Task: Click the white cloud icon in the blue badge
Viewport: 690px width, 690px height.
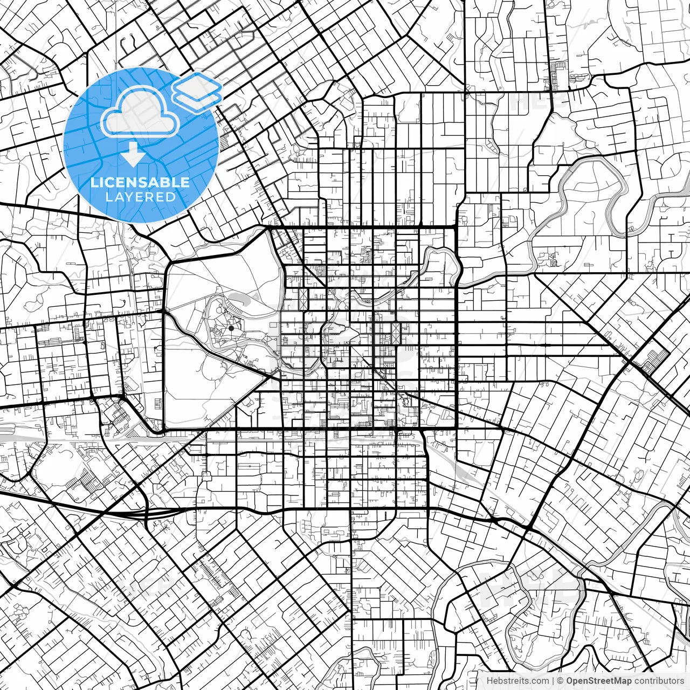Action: click(141, 112)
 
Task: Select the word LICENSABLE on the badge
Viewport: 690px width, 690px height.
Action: click(140, 182)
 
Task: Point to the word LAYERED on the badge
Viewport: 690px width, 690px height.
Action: click(140, 197)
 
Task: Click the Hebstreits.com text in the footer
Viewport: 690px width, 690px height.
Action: click(518, 681)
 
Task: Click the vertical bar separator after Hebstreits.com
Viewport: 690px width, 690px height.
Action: click(553, 681)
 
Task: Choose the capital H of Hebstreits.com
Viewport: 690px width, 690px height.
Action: click(489, 681)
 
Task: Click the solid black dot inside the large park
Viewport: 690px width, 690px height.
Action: click(231, 328)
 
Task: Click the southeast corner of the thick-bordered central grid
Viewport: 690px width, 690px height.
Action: click(457, 429)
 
